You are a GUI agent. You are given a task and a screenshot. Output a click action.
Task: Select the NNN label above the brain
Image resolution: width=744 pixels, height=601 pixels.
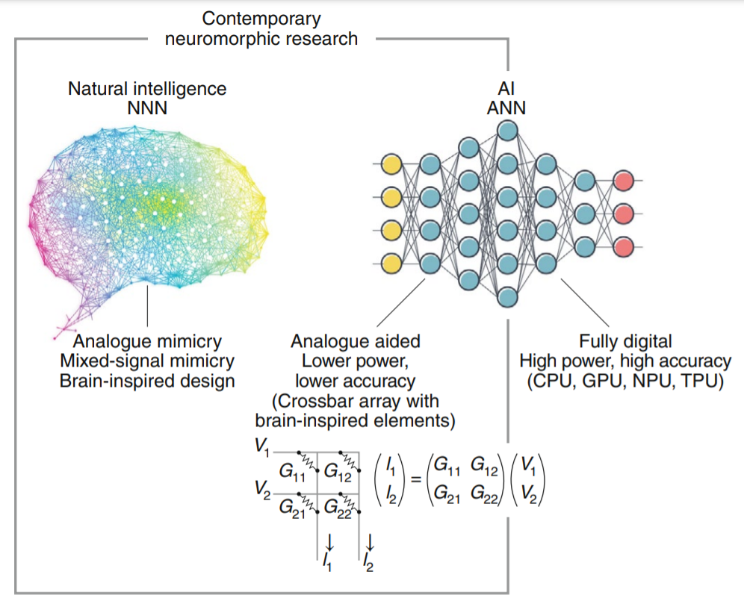pos(147,108)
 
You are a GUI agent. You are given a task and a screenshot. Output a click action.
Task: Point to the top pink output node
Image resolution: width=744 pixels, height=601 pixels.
pos(624,181)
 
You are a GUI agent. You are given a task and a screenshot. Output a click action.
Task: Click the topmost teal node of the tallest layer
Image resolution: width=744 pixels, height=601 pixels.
pos(507,132)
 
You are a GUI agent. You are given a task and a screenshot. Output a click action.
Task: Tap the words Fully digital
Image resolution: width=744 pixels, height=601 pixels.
pos(625,342)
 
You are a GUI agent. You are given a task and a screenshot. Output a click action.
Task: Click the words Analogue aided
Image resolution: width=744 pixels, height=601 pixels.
pos(355,342)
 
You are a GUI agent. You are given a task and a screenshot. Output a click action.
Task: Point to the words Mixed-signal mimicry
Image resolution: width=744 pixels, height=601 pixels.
pos(147,361)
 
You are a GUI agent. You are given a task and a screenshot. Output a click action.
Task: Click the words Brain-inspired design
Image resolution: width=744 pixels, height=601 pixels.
pos(147,381)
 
